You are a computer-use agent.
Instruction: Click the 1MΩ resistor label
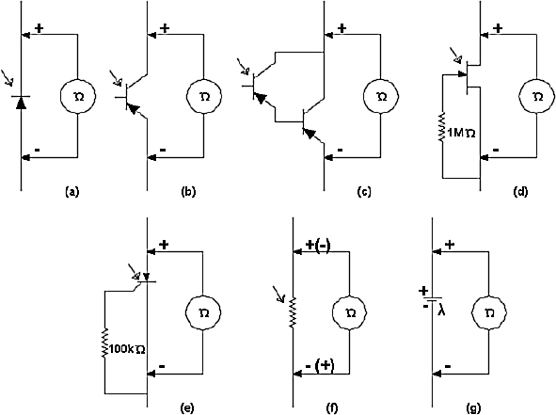pyautogui.click(x=461, y=134)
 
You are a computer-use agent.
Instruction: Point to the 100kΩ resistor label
pyautogui.click(x=127, y=349)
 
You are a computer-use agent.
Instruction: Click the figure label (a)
pyautogui.click(x=72, y=192)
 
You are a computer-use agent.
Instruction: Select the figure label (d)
pyautogui.click(x=520, y=192)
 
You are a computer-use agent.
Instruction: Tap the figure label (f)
pyautogui.click(x=331, y=408)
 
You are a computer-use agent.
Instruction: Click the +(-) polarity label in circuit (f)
pyautogui.click(x=318, y=245)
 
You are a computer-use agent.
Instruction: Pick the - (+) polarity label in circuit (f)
pyautogui.click(x=320, y=366)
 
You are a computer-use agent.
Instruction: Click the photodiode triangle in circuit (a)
pyautogui.click(x=21, y=103)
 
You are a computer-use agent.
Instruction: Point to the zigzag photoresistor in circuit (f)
pyautogui.click(x=293, y=312)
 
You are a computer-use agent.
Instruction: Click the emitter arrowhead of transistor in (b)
pyautogui.click(x=133, y=109)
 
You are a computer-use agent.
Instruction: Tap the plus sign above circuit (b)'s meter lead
pyautogui.click(x=165, y=28)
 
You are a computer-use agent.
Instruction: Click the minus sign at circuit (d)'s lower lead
pyautogui.click(x=496, y=150)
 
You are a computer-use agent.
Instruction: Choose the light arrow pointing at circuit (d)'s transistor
pyautogui.click(x=455, y=55)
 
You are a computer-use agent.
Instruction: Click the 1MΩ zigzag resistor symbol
pyautogui.click(x=442, y=128)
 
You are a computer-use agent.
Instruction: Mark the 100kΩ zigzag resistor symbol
pyautogui.click(x=105, y=343)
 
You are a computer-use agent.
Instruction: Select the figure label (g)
pyautogui.click(x=474, y=408)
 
